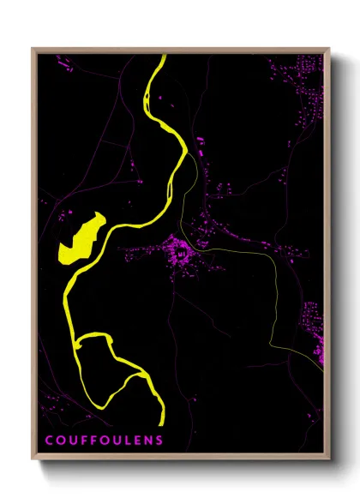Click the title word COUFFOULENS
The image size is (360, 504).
click(104, 440)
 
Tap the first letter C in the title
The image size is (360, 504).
click(49, 440)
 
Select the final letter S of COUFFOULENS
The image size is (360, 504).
click(159, 440)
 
